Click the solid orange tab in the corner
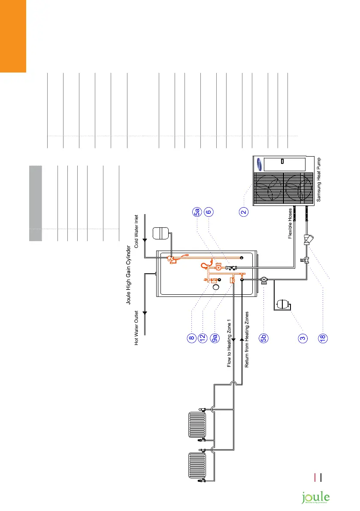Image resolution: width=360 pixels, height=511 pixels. click(x=13, y=36)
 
